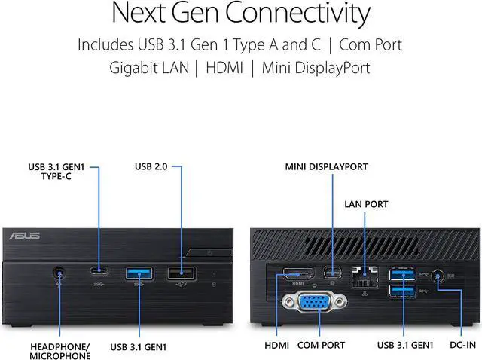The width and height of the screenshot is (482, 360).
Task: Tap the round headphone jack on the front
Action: coord(59,273)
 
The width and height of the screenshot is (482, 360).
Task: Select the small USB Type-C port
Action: coord(99,272)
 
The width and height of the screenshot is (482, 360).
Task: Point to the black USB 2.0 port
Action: coord(181,273)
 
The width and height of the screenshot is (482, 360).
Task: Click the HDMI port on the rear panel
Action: coord(295,273)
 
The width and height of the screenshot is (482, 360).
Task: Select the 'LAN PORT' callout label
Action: coord(367,203)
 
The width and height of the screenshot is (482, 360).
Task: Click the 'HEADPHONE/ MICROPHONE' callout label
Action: coord(59,351)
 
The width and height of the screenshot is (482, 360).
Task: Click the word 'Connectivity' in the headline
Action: coord(297,14)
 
